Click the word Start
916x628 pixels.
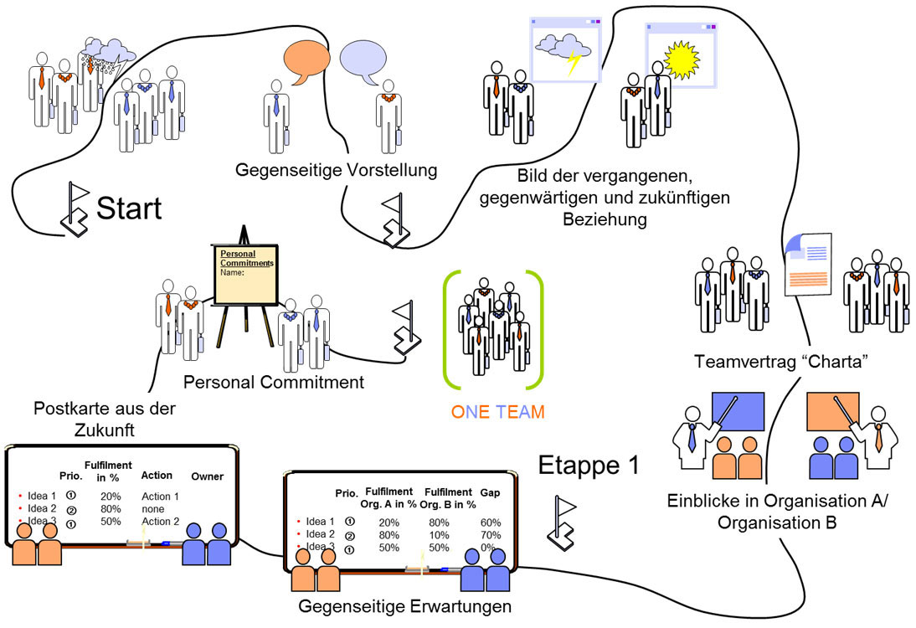pos(129,208)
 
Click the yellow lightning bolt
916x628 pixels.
pos(573,63)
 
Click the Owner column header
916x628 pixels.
pos(207,476)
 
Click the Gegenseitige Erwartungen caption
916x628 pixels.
pos(404,605)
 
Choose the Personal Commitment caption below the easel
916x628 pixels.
pos(274,382)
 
